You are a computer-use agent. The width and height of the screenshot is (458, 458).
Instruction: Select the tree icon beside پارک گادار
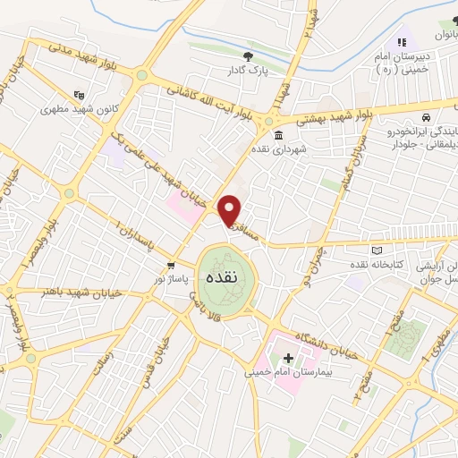tap(260, 56)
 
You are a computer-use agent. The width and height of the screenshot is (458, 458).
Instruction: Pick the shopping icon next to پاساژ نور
tap(171, 267)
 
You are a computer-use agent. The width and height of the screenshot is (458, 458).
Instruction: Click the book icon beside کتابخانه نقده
tap(377, 250)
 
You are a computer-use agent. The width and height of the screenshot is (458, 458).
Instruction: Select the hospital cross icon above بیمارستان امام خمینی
tap(288, 358)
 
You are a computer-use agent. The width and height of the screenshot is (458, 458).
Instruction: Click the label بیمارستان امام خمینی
tap(284, 371)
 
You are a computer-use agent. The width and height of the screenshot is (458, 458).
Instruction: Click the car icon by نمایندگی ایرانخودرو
tap(427, 118)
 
